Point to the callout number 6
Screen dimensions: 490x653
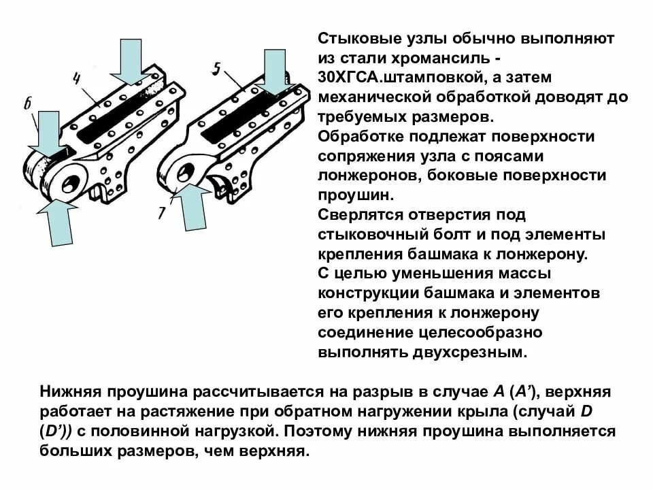[27, 103]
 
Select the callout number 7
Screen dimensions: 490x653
[162, 212]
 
